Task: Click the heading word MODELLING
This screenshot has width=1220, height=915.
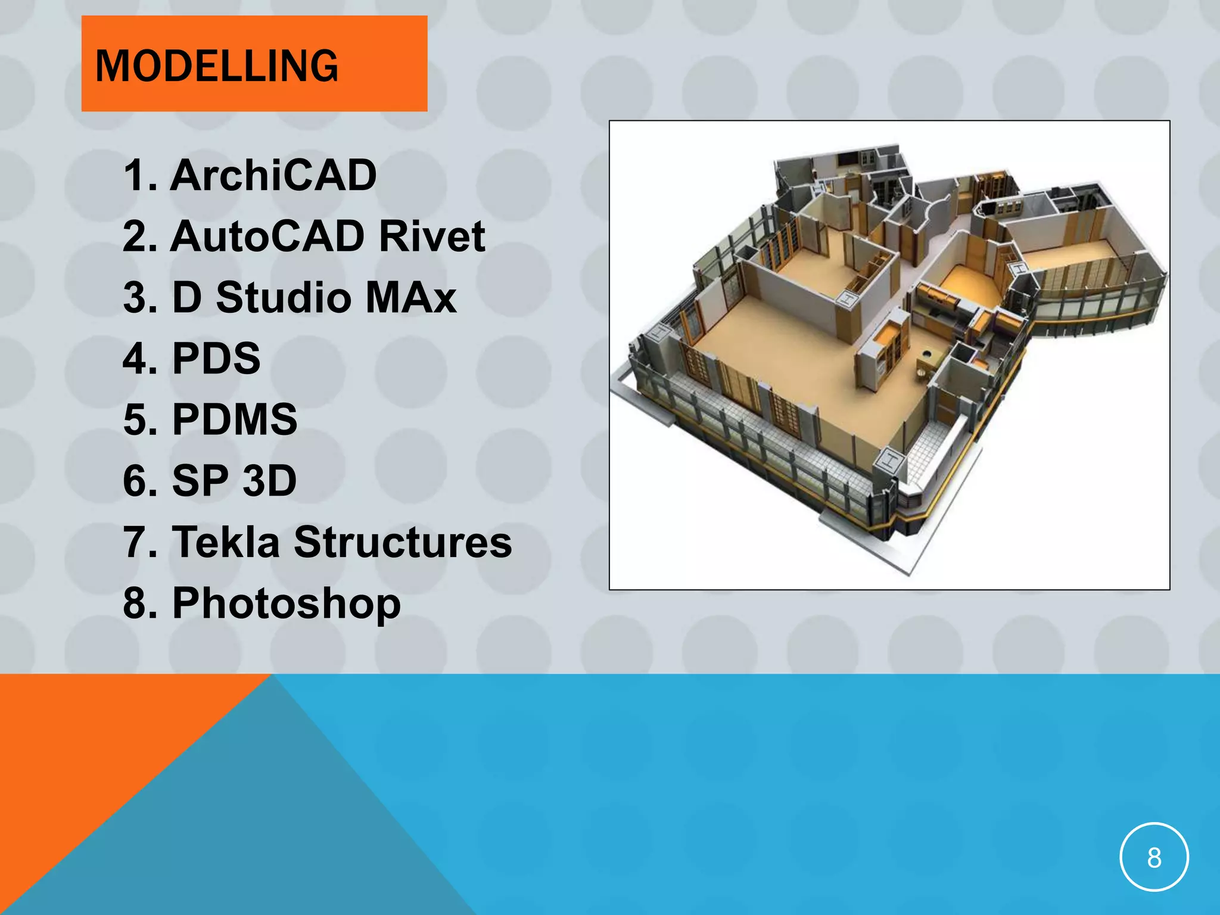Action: pos(217,66)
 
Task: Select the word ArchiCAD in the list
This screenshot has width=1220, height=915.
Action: pos(273,176)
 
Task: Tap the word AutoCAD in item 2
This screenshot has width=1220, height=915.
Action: pos(267,236)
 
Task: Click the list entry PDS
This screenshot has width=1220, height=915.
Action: pos(216,359)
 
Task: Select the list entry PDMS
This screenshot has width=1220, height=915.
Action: pos(235,419)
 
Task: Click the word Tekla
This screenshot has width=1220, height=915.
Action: pos(226,542)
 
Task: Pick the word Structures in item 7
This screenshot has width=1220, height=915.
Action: pos(403,542)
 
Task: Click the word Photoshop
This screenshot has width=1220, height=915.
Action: pos(287,604)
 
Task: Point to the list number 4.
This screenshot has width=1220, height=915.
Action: pos(140,359)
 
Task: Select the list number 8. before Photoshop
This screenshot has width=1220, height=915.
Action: pos(140,603)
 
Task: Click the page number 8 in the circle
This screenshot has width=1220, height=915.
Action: pos(1154,858)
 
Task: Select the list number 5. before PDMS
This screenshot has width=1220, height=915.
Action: pos(140,419)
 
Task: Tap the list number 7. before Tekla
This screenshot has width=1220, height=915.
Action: pos(140,542)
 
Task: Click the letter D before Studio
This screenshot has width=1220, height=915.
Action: pos(187,297)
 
